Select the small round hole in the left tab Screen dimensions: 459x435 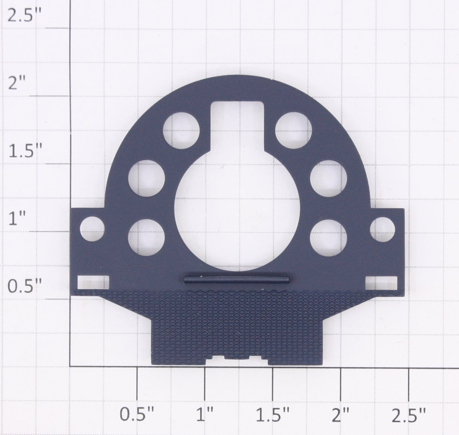pyautogui.click(x=92, y=229)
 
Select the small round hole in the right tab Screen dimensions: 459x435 pyautogui.click(x=382, y=229)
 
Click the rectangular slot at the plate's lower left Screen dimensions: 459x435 pyautogui.click(x=94, y=282)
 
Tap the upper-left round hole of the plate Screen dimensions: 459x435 pyautogui.click(x=181, y=130)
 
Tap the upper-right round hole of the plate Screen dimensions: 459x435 pyautogui.click(x=293, y=130)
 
